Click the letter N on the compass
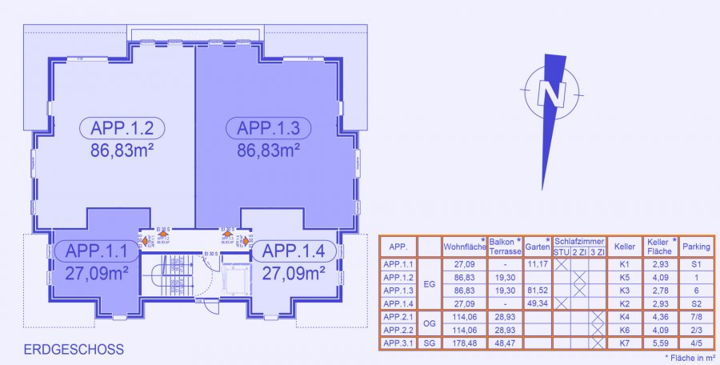(x=551, y=94)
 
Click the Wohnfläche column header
(x=464, y=247)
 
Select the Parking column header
(x=695, y=247)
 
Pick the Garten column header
(x=536, y=247)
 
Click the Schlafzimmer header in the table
(x=579, y=241)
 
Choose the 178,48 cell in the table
(x=464, y=344)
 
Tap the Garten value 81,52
(x=536, y=290)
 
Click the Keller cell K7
(x=625, y=344)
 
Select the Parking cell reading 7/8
(x=695, y=318)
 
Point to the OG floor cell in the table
(x=429, y=324)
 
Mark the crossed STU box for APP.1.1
(x=561, y=264)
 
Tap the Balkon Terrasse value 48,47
(x=502, y=344)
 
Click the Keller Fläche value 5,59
(x=659, y=344)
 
